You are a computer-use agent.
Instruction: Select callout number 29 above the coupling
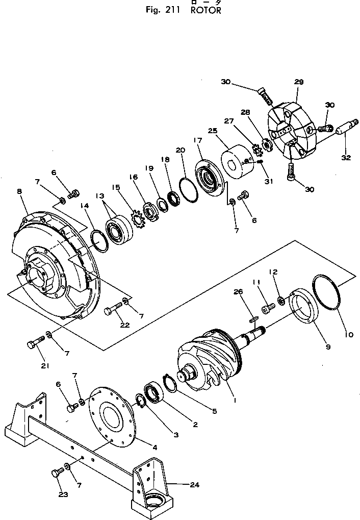(299, 82)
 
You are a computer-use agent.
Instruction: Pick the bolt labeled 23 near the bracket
(57, 474)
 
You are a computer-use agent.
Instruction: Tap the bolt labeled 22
(114, 310)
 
